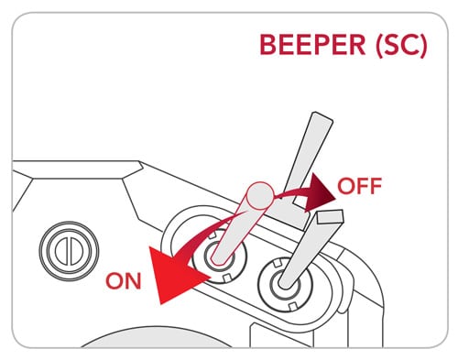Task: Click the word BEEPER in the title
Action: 312,45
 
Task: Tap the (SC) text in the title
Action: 401,46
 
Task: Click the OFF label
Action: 359,186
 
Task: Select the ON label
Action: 124,281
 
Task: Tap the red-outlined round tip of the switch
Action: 259,195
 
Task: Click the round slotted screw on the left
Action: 69,251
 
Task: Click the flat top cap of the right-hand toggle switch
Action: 330,216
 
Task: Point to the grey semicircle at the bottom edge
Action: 158,337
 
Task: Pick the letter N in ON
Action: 134,281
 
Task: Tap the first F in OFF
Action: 364,186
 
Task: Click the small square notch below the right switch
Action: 292,306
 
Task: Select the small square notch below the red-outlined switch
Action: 226,278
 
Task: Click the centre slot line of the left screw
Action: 69,251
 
